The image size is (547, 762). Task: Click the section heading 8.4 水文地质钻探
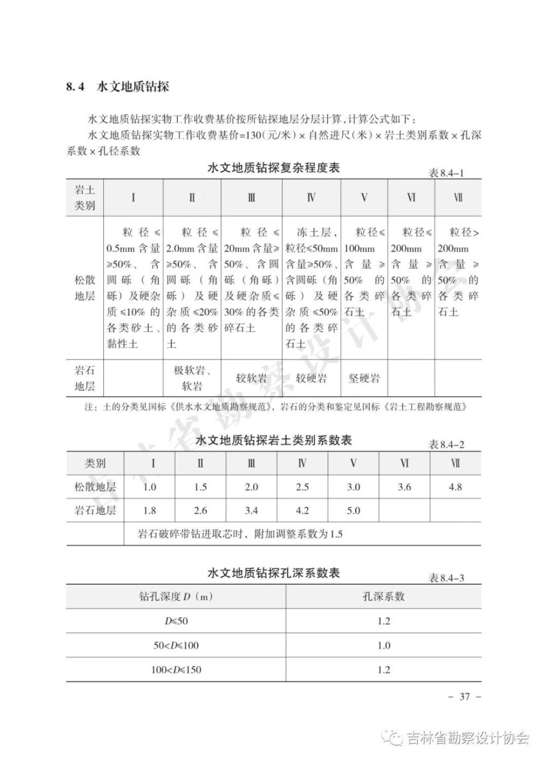[x=118, y=86]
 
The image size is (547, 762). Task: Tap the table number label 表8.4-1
[x=446, y=173]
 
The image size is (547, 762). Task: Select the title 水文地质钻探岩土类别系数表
[x=273, y=440]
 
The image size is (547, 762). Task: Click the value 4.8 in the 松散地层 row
[x=455, y=487]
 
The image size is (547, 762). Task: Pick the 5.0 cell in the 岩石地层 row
[x=353, y=510]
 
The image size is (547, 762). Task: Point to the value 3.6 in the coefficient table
[x=404, y=487]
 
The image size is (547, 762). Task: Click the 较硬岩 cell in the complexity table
[x=311, y=378]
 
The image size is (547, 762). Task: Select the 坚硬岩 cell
[x=364, y=378]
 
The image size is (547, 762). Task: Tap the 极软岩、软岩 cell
[x=192, y=378]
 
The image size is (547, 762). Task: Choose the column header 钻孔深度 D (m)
[x=176, y=596]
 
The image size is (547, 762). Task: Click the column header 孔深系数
[x=383, y=596]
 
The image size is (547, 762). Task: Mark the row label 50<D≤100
[x=176, y=645]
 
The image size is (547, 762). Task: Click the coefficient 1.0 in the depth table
[x=383, y=645]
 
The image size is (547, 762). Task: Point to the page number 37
[x=464, y=696]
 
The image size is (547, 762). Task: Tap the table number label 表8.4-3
[x=446, y=578]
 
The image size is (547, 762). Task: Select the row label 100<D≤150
[x=176, y=670]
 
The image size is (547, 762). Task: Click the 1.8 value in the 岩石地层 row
[x=149, y=510]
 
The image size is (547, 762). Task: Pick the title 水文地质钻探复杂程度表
[x=273, y=168]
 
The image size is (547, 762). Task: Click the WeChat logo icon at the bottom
[x=393, y=738]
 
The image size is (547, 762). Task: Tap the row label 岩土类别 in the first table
[x=85, y=197]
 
